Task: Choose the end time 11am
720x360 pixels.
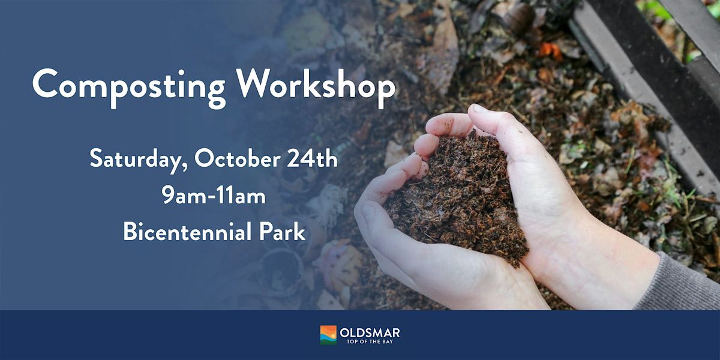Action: click(x=241, y=196)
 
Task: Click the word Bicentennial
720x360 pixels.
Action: click(x=187, y=232)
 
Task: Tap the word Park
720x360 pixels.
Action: click(x=282, y=232)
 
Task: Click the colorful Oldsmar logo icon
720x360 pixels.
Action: click(x=328, y=335)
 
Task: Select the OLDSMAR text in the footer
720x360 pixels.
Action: click(x=370, y=332)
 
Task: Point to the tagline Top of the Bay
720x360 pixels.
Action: click(x=370, y=341)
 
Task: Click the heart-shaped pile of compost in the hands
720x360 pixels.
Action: click(x=457, y=199)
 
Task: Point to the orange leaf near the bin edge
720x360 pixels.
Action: click(x=550, y=50)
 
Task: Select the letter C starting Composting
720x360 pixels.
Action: click(x=45, y=85)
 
